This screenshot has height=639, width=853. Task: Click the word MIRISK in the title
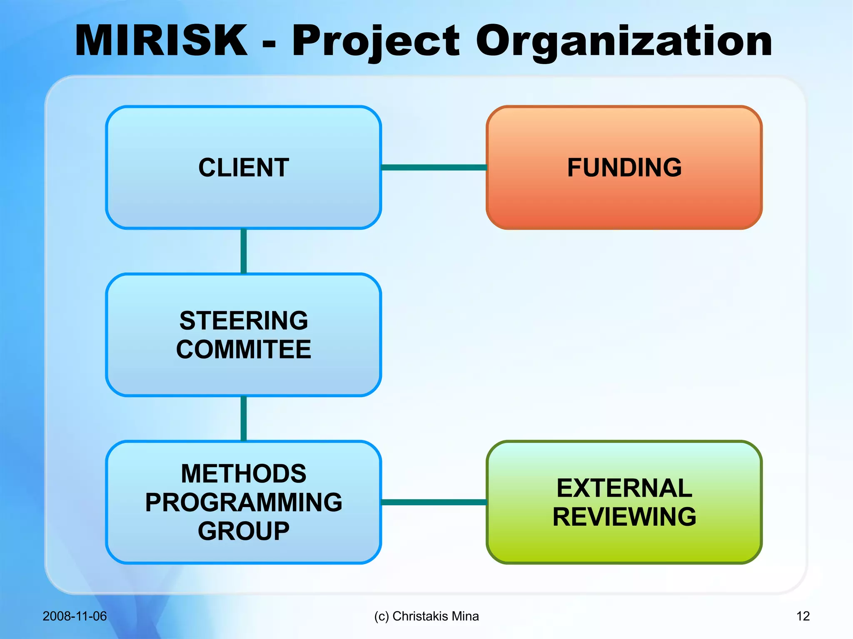(161, 40)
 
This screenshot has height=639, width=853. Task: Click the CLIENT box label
(244, 168)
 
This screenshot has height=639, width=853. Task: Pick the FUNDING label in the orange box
(624, 168)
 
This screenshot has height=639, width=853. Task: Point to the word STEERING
(244, 321)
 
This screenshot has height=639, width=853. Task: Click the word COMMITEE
(244, 349)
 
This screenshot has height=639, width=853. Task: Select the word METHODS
(244, 474)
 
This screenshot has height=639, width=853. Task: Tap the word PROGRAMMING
(244, 502)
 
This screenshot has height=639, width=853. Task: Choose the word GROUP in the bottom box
(244, 531)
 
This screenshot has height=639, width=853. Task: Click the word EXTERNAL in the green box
(624, 488)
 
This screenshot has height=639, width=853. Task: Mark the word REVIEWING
(624, 517)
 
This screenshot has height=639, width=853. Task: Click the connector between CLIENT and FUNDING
(434, 167)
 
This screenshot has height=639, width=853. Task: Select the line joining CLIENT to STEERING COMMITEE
(244, 251)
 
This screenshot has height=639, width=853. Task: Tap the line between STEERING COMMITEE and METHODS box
(244, 418)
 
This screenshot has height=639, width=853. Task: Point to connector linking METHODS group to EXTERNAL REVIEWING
(434, 502)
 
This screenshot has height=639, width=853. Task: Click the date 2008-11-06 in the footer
(75, 616)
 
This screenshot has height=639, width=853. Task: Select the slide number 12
(803, 616)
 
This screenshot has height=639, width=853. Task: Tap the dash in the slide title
(269, 44)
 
